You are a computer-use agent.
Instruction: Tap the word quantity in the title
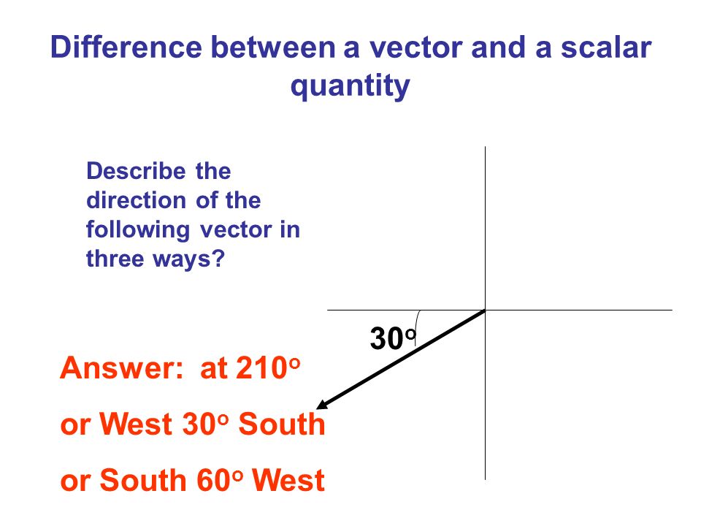[350, 87]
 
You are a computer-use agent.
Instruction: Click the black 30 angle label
[386, 339]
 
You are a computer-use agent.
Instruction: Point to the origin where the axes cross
[485, 310]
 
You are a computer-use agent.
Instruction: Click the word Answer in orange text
[121, 368]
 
